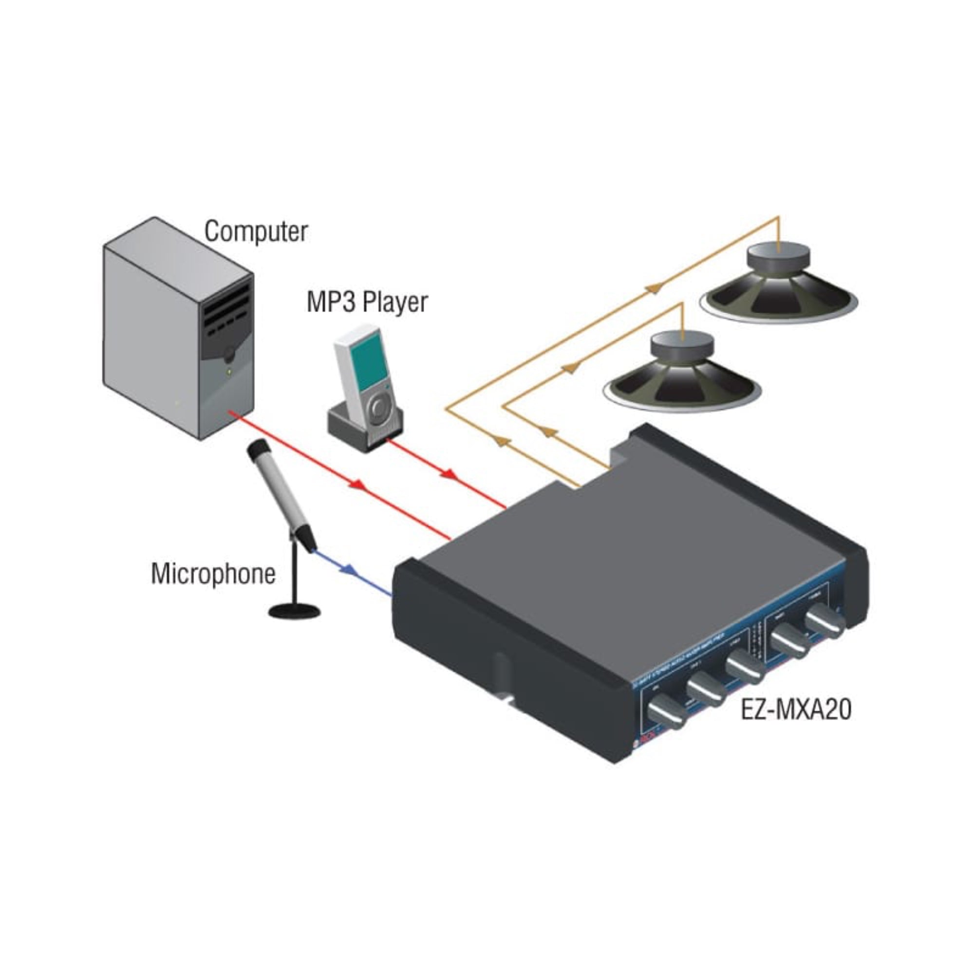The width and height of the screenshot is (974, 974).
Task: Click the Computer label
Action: (256, 231)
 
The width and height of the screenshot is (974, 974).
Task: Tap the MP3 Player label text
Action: (367, 302)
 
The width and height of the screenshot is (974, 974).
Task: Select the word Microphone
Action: (213, 574)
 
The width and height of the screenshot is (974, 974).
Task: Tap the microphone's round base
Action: (295, 612)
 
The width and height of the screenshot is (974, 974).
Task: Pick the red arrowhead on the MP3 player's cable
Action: (448, 474)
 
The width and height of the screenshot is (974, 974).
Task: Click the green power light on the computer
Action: (229, 373)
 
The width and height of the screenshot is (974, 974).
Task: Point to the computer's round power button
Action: (230, 355)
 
